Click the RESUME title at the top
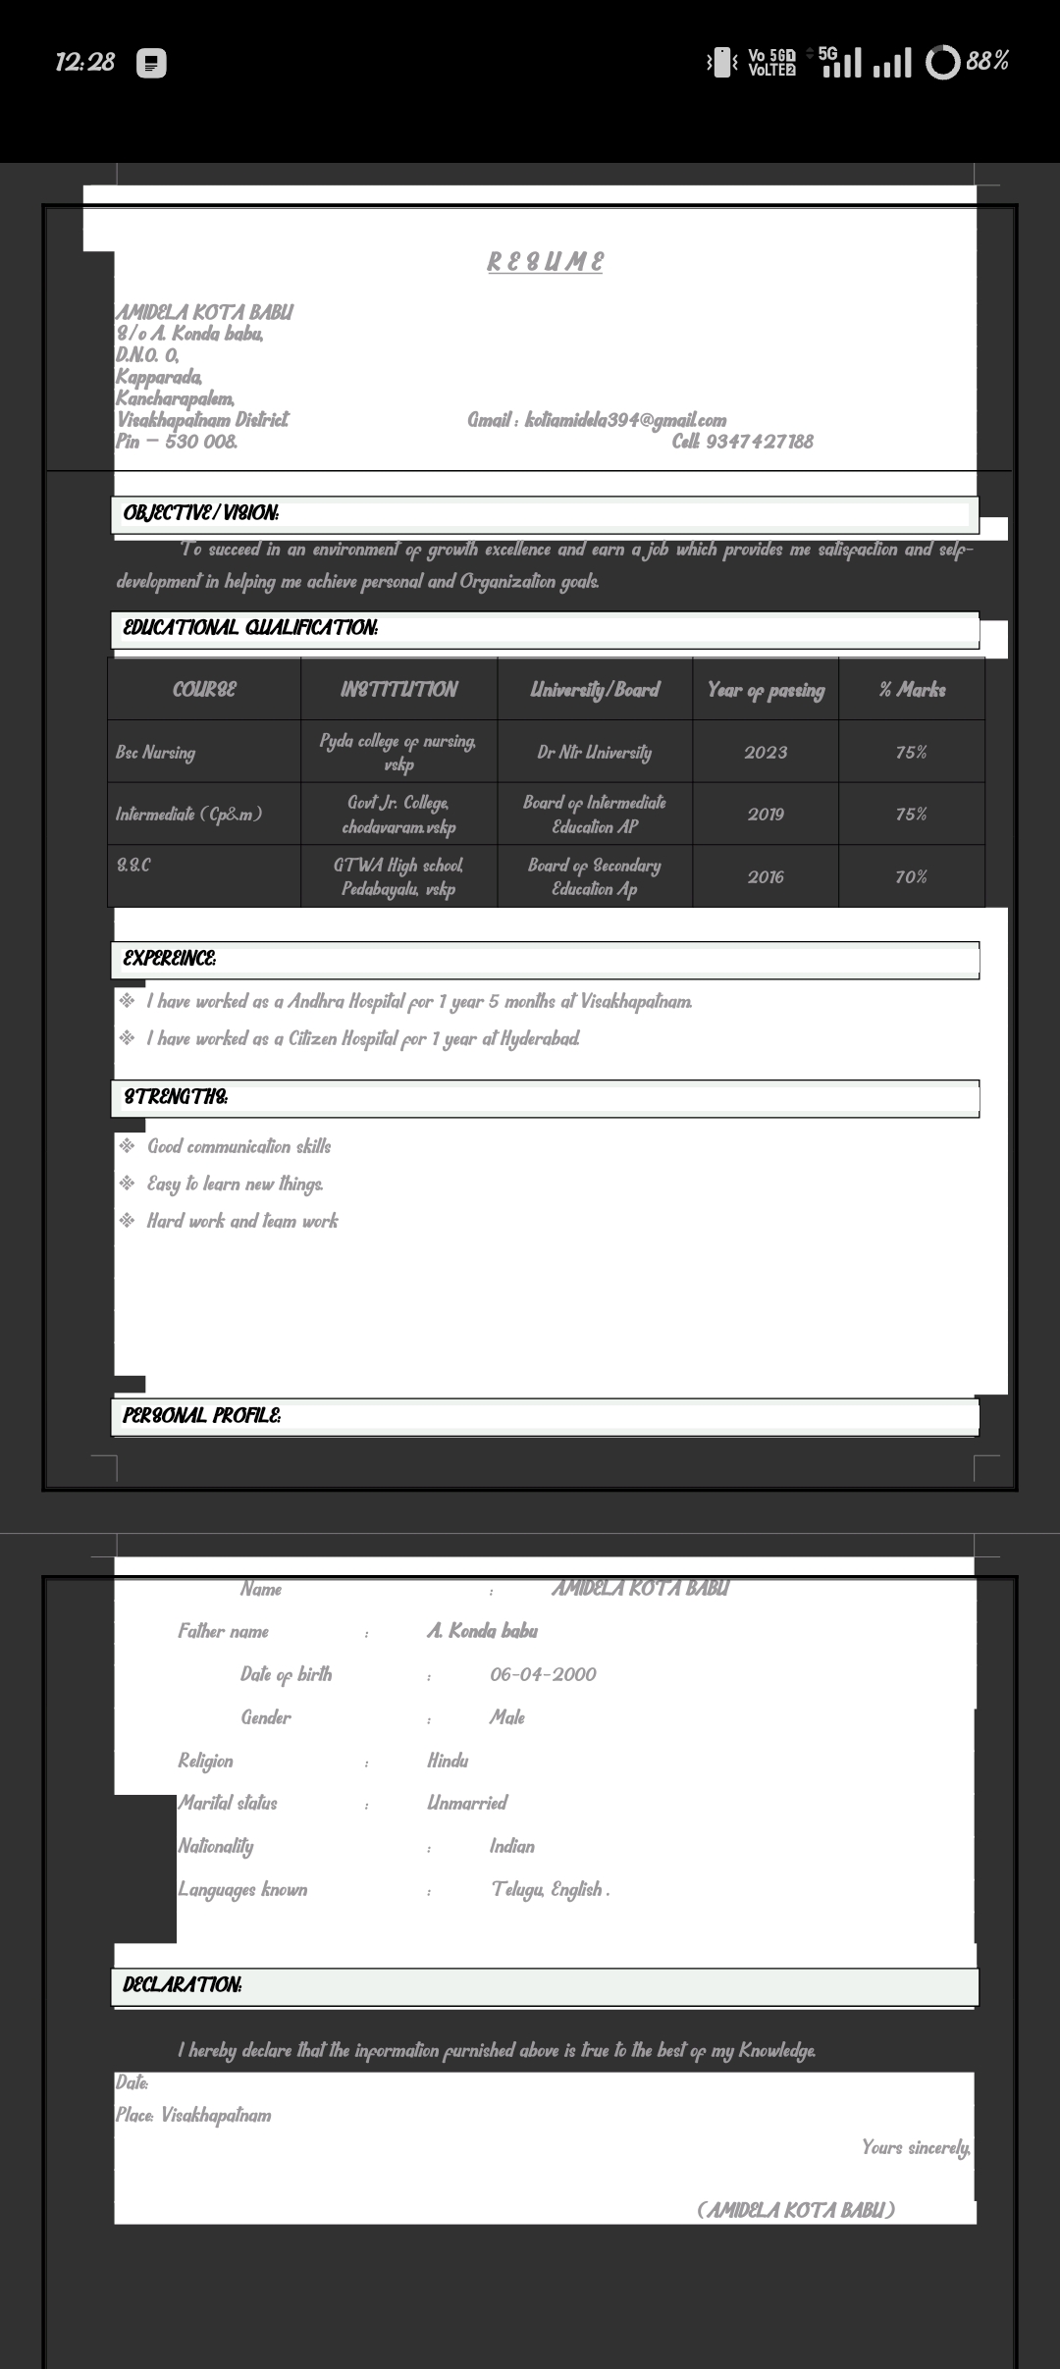[545, 262]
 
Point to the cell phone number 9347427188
[759, 442]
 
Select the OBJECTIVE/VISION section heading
[201, 512]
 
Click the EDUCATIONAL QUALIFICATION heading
[250, 627]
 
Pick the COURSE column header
[204, 689]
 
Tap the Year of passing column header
[766, 690]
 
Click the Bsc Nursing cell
[155, 753]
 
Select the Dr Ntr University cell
[594, 753]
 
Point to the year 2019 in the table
[766, 815]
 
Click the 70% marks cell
[911, 877]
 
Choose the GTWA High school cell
[398, 876]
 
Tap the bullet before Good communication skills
[127, 1145]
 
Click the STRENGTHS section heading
[176, 1096]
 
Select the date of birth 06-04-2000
[543, 1674]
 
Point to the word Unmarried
[467, 1803]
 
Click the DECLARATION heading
[183, 1984]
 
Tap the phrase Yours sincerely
[915, 2147]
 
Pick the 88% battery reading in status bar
[987, 62]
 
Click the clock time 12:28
[85, 62]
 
